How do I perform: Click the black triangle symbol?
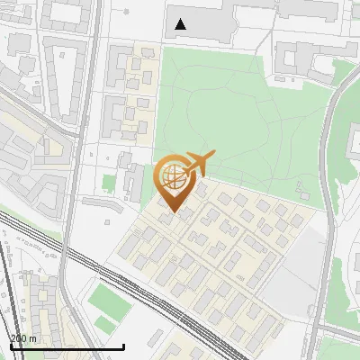pos(182,24)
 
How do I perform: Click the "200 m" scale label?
pos(23,338)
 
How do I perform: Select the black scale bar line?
pos(67,346)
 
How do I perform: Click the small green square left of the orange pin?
pos(110,184)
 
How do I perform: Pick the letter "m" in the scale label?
pos(32,338)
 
